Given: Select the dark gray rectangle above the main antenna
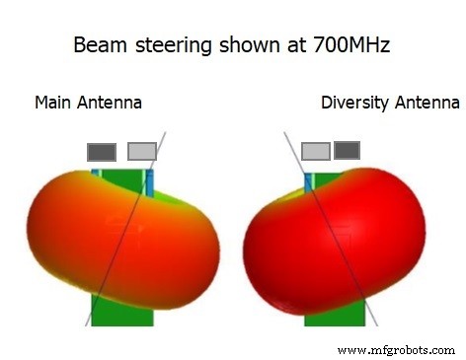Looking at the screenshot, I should [102, 152].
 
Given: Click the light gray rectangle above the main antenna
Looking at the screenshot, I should [142, 150].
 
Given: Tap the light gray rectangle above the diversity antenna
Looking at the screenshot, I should [315, 151].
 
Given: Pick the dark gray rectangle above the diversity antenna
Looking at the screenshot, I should [347, 150].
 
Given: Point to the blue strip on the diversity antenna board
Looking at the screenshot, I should [308, 182].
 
